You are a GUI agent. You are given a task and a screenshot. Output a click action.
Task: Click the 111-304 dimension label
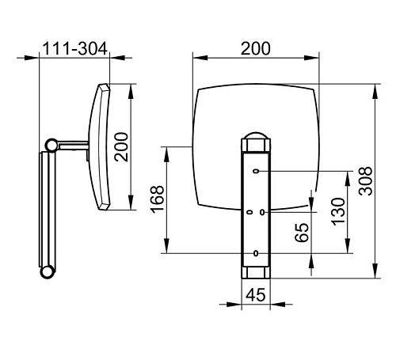coord(75,48)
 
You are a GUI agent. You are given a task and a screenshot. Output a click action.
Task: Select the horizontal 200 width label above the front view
coord(256,48)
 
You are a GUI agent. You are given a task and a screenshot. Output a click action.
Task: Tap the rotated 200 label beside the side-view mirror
coord(121,147)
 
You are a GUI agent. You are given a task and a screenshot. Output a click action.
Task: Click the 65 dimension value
coord(302,233)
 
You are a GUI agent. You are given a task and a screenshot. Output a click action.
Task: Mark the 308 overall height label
coord(366,181)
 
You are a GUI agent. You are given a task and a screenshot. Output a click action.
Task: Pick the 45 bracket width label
coord(255,295)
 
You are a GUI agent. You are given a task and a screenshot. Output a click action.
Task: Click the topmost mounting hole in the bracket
coord(256,171)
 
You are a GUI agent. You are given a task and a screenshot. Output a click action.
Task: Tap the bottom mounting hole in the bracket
coord(256,253)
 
